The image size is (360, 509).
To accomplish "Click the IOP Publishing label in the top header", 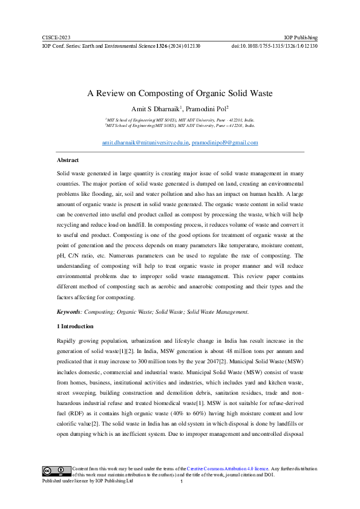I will pos(301,37).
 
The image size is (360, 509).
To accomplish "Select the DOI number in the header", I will pos(275,46).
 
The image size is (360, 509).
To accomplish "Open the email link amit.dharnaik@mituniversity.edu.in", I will pos(146,143).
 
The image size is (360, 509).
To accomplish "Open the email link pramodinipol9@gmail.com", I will pos(225,143).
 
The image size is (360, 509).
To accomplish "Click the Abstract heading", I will pos(67,160).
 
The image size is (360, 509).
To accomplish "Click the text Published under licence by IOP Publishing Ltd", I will pos(87,481).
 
